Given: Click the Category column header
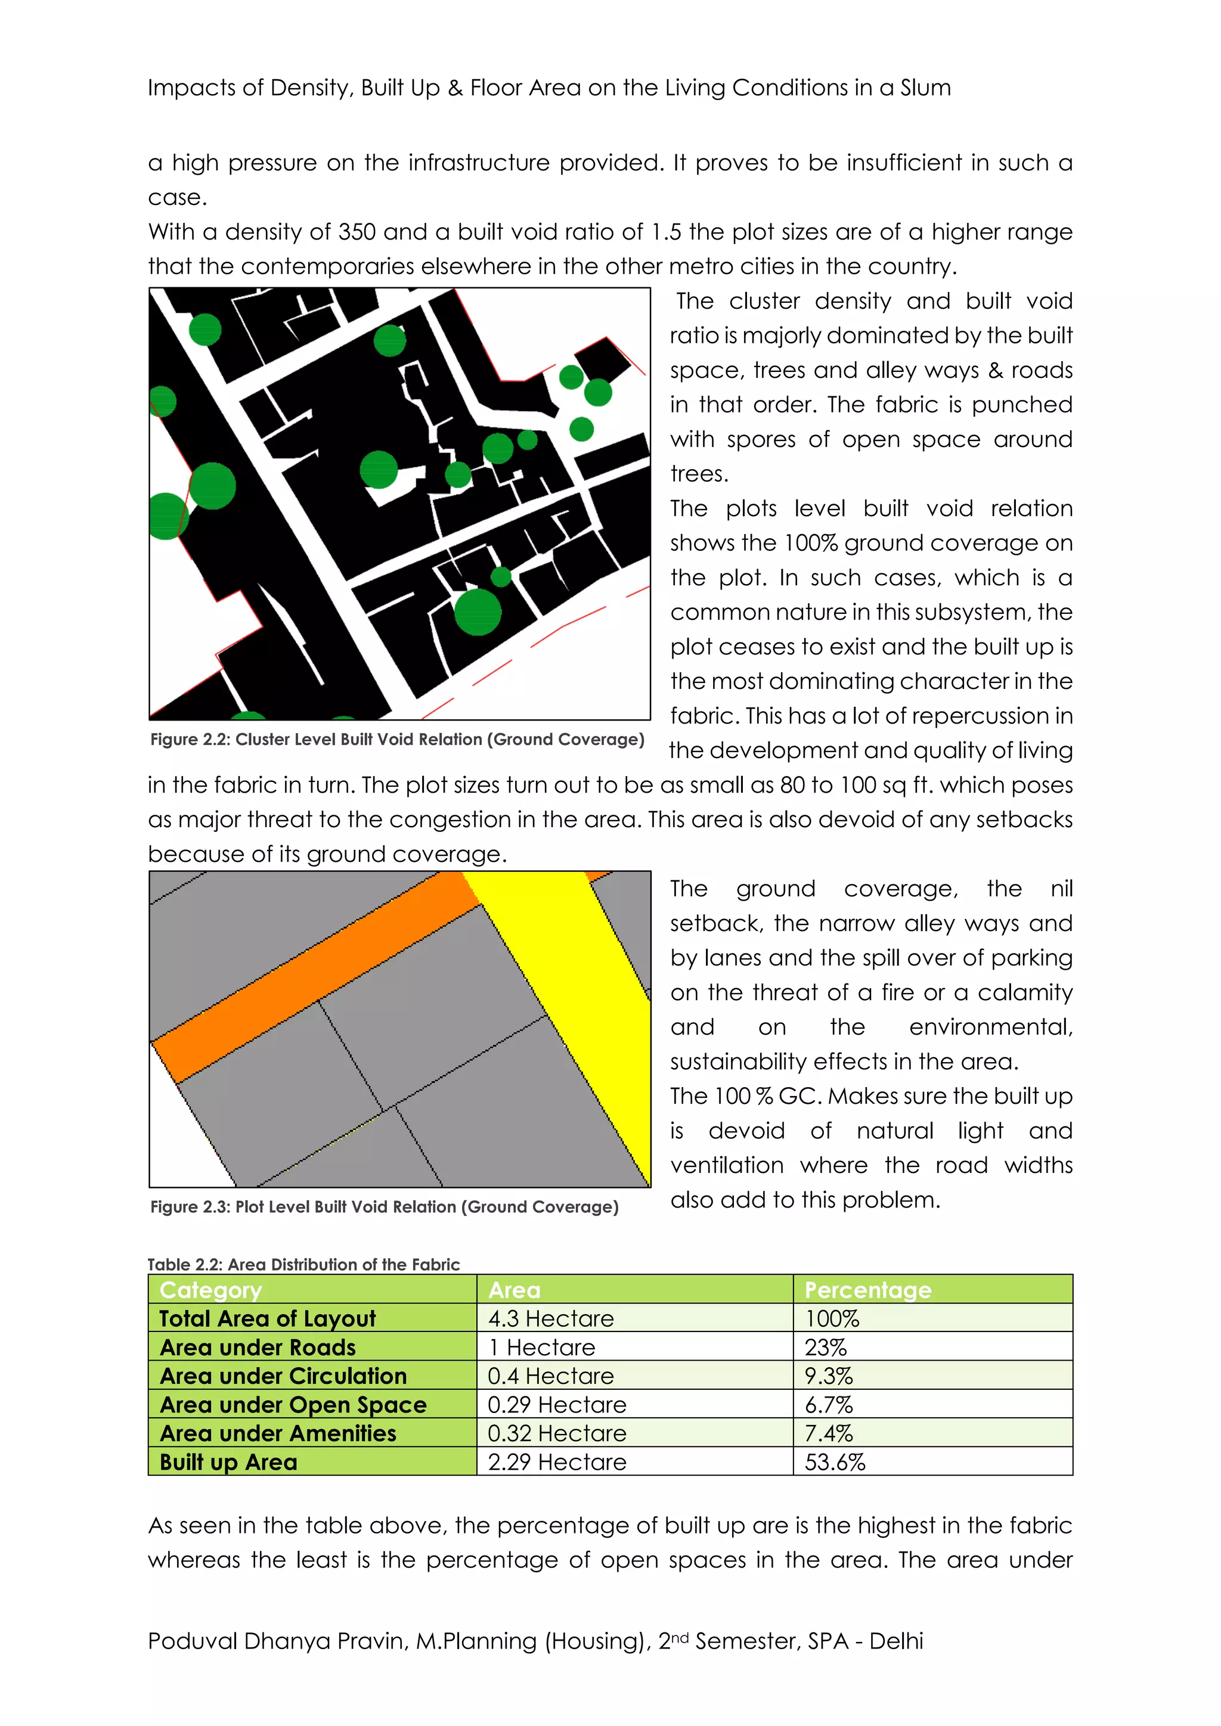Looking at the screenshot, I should click(210, 1290).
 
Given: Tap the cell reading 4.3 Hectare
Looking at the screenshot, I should click(550, 1318).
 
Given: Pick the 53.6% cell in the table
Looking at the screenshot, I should click(835, 1462).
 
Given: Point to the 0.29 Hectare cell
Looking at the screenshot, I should click(556, 1405).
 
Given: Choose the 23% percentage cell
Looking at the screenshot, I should click(826, 1347).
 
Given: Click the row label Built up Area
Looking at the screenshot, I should click(228, 1462).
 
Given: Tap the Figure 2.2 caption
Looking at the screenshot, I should click(397, 740).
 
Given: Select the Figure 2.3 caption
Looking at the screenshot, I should click(384, 1206).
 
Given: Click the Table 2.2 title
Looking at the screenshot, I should click(303, 1265).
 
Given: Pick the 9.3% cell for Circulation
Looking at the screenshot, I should click(829, 1376).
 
